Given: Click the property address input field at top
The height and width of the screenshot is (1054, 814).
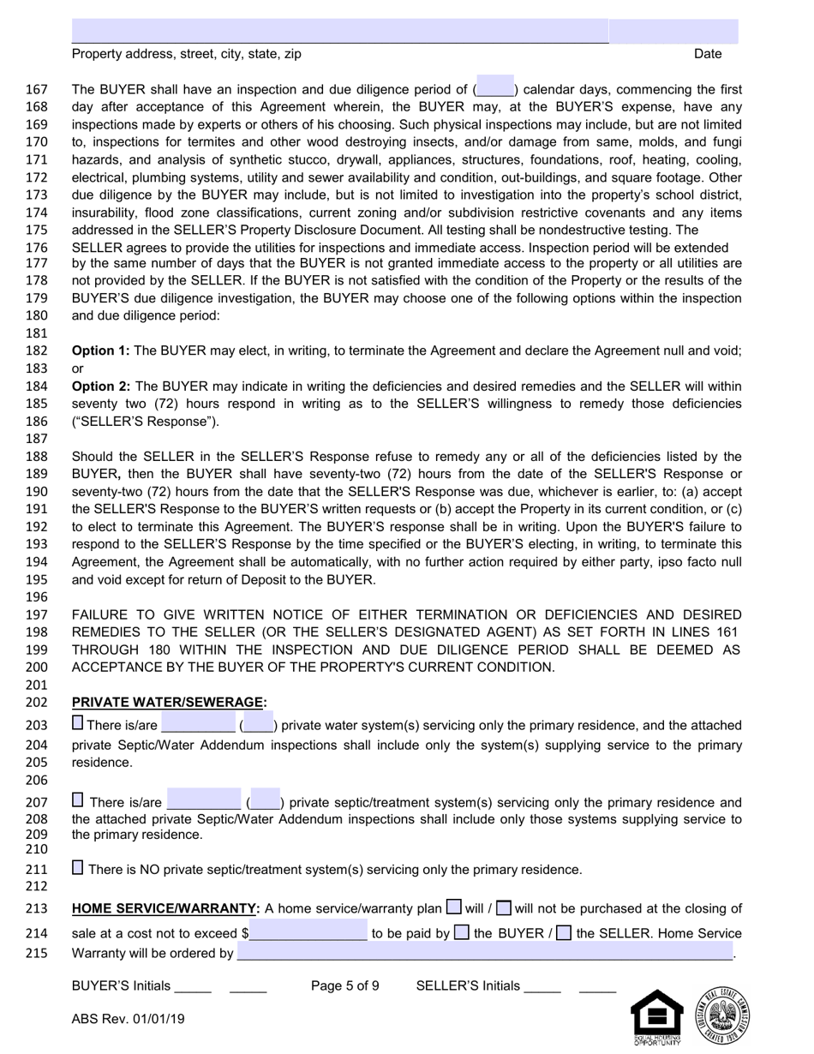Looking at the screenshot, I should click(339, 31).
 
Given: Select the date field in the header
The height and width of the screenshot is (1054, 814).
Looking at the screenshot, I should click(673, 31).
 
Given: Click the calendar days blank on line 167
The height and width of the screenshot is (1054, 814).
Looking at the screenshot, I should click(494, 88).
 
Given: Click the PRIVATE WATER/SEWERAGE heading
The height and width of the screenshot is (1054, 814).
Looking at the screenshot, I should click(169, 702).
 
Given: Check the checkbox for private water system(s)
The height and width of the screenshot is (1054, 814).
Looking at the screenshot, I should click(78, 723).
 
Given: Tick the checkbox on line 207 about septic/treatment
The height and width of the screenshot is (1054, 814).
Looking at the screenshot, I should click(78, 800).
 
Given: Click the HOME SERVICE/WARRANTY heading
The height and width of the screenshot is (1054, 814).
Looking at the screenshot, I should click(165, 908).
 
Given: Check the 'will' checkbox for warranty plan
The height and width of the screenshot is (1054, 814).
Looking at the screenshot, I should click(454, 907).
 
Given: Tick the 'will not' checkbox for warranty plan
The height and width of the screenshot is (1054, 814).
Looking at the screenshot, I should click(505, 907).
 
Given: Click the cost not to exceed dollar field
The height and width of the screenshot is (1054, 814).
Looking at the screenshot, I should click(308, 932).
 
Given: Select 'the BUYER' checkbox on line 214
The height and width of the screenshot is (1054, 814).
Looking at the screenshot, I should click(462, 932).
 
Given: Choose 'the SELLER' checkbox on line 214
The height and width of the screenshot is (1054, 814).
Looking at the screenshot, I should click(564, 932).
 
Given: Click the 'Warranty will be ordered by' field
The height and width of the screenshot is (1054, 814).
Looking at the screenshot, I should click(485, 952).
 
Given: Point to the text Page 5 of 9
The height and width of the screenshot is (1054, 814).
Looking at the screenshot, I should click(344, 985).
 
